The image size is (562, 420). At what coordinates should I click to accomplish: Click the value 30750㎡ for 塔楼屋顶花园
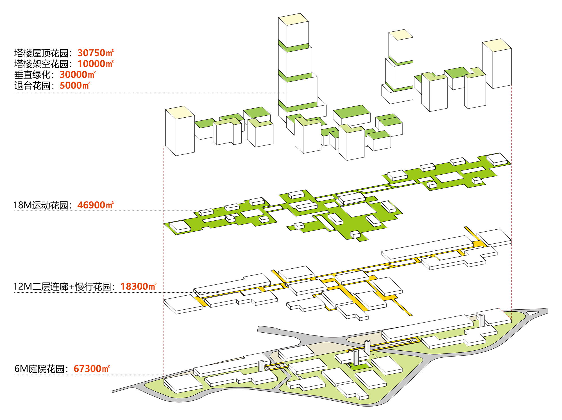point(96,53)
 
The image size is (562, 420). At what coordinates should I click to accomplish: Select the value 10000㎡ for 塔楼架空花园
point(96,64)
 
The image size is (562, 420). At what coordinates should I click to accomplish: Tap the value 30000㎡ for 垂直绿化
point(78,75)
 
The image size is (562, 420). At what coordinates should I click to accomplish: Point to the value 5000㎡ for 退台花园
point(75,85)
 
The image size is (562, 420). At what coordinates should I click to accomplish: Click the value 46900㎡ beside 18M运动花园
point(95,205)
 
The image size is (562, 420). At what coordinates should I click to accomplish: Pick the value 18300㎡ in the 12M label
point(138,286)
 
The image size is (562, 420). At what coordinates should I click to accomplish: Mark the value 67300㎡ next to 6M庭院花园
point(92,369)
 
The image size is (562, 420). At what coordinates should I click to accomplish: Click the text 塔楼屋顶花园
point(41,53)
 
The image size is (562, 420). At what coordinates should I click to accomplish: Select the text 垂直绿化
point(32,75)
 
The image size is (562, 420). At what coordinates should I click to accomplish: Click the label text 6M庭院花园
point(39,369)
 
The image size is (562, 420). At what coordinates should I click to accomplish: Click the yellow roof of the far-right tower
point(497,45)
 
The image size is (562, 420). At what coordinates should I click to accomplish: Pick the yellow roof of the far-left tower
point(180,112)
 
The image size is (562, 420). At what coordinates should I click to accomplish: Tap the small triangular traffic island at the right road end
point(533,313)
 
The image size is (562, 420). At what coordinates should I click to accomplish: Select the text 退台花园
point(32,86)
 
